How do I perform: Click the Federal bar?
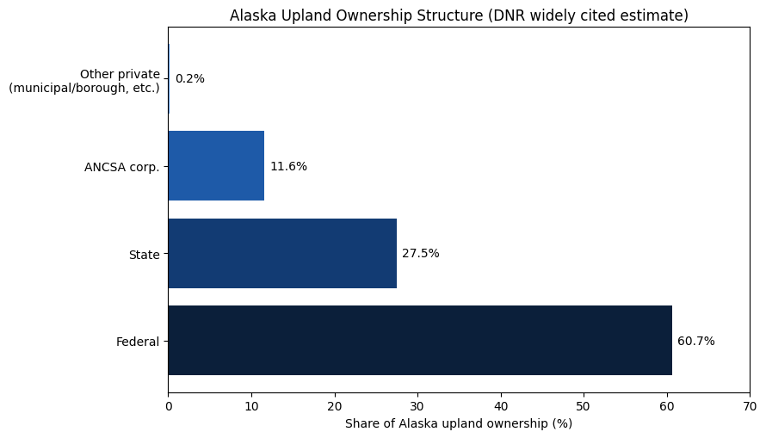419,340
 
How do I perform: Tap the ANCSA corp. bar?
215,165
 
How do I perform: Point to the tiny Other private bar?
169,78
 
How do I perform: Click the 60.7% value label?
695,341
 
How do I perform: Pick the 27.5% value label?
420,254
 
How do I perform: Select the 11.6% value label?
288,166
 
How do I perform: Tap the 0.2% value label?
189,79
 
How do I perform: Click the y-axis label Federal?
138,342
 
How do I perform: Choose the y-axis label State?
145,254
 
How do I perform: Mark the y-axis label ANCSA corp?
121,167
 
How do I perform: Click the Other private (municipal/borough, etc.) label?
84,81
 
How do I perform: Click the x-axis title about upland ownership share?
458,423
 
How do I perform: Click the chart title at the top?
458,15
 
